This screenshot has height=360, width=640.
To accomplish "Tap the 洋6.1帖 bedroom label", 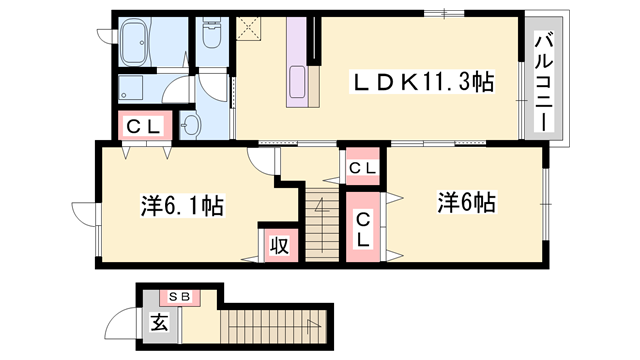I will pyautogui.click(x=180, y=207).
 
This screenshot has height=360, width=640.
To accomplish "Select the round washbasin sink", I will pyautogui.click(x=193, y=124).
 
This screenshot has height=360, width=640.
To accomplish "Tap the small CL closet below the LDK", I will pyautogui.click(x=362, y=167).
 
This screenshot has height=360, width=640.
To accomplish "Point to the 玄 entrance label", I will pyautogui.click(x=160, y=323).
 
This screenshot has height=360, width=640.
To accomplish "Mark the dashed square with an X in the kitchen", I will pyautogui.click(x=248, y=27).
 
